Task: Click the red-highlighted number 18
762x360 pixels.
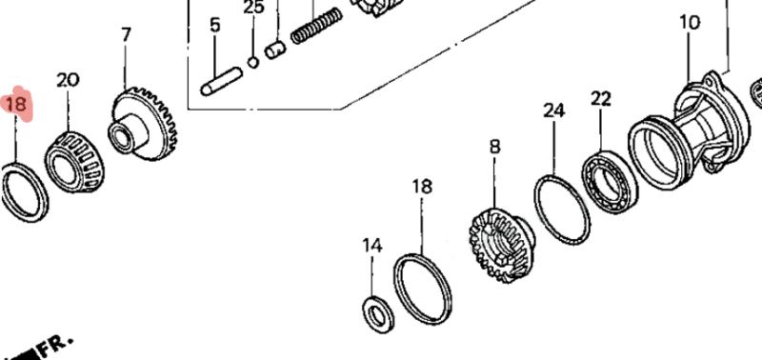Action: click(x=15, y=105)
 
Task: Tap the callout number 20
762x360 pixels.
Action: click(x=68, y=80)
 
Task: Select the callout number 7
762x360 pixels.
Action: click(x=126, y=35)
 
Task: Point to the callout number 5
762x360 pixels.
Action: click(x=215, y=25)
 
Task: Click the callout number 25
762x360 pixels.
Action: click(x=253, y=7)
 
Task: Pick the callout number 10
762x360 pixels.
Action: click(x=690, y=23)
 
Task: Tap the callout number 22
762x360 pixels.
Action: click(x=601, y=99)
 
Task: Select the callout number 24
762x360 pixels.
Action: click(x=554, y=110)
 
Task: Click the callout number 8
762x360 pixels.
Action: click(x=494, y=147)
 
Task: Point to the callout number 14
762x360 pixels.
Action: click(x=372, y=246)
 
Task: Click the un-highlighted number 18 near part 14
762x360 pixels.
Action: click(x=422, y=187)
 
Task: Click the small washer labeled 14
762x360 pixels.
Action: click(x=378, y=314)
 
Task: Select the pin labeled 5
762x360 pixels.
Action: click(x=222, y=81)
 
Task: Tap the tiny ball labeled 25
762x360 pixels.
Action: click(x=253, y=62)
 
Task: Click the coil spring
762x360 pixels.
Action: click(x=317, y=26)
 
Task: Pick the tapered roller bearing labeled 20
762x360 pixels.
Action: click(x=74, y=162)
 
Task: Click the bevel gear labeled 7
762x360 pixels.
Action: click(x=143, y=124)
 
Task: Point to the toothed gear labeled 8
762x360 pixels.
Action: click(x=501, y=246)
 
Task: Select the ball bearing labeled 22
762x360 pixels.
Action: click(x=609, y=183)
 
